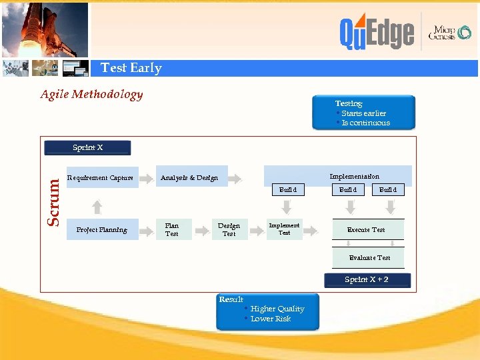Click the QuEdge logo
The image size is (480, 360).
(x=377, y=33)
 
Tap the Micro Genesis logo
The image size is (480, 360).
(x=450, y=33)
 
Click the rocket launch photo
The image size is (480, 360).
(x=45, y=29)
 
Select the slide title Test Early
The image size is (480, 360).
(x=131, y=68)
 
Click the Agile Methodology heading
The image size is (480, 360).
(x=91, y=94)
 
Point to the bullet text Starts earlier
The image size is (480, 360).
(x=363, y=113)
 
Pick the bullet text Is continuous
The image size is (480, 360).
(x=365, y=123)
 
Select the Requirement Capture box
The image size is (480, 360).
(x=101, y=177)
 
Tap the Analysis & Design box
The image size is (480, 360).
(x=190, y=177)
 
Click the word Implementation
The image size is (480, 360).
(x=354, y=176)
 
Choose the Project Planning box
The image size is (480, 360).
(x=101, y=230)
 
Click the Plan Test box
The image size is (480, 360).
(x=172, y=230)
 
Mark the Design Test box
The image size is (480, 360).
(x=229, y=230)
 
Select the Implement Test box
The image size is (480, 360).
(x=284, y=229)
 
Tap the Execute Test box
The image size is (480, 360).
(x=366, y=229)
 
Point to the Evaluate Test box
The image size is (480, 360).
(x=369, y=257)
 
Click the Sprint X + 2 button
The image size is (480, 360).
(x=367, y=280)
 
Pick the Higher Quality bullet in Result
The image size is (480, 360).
(x=277, y=309)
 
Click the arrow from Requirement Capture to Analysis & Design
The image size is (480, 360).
(x=147, y=177)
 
